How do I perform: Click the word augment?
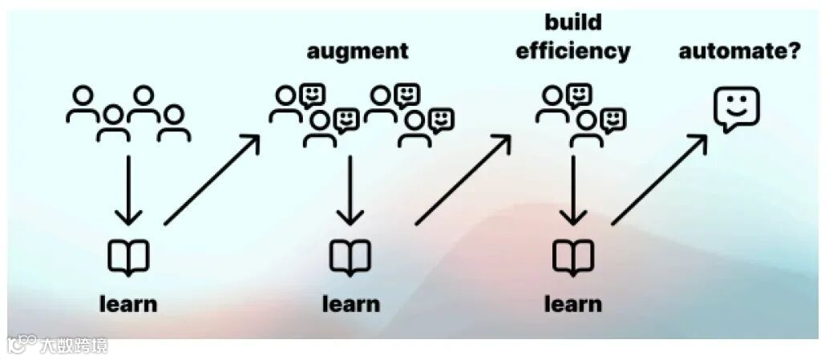358,52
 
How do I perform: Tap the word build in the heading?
573,21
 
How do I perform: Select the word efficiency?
573,51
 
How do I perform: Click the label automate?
739,52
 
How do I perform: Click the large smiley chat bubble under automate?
736,108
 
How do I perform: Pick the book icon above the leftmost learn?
128,258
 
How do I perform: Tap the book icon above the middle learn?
350,258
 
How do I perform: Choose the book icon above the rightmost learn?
573,258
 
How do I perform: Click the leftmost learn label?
128,304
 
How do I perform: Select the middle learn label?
350,304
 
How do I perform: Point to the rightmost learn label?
573,304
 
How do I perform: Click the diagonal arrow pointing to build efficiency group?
463,180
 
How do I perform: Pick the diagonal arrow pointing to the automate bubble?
660,180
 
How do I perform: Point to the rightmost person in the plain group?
174,124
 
